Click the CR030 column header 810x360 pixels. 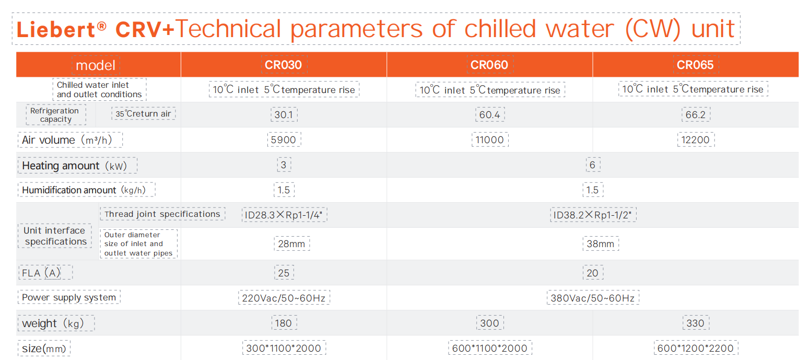[283, 65]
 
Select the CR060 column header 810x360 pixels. [489, 65]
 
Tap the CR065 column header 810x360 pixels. [695, 65]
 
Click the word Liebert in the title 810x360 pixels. [56, 29]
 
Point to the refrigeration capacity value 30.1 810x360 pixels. [284, 115]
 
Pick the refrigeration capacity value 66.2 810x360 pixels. [696, 115]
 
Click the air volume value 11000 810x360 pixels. [490, 140]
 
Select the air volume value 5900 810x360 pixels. [284, 140]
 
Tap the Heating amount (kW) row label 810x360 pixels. [75, 166]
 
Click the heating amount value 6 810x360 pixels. [592, 165]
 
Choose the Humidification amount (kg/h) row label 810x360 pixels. [84, 190]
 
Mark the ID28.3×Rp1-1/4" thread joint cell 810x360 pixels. [284, 215]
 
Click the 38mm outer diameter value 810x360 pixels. [600, 244]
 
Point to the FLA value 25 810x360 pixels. [284, 273]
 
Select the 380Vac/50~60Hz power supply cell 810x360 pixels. [592, 298]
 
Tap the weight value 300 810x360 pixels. [490, 323]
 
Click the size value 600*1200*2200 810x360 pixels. [696, 348]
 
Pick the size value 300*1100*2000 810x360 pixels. [284, 348]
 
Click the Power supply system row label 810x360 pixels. [69, 297]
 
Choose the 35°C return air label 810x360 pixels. [143, 113]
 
